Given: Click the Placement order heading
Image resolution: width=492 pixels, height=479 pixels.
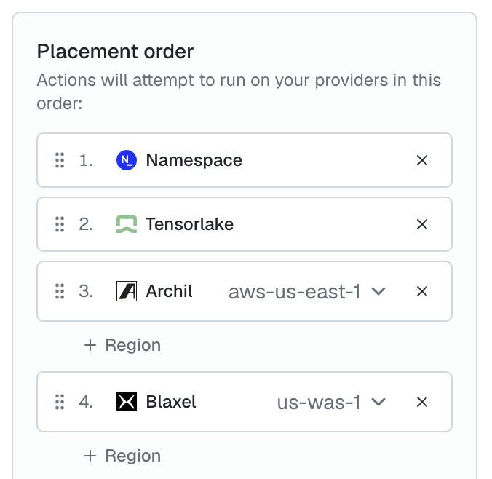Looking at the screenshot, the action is point(115,51).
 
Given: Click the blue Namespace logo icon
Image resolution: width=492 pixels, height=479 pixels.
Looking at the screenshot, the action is point(127,160).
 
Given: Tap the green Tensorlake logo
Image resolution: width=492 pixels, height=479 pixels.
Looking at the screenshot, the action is point(127,224).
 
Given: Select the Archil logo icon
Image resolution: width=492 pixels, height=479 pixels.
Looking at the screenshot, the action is point(127,291).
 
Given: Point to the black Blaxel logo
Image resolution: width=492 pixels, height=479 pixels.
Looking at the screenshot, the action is point(127,402).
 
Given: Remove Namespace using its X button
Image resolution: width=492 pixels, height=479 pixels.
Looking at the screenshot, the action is point(422,160).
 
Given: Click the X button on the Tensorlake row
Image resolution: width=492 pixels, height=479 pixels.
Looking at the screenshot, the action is point(422,224).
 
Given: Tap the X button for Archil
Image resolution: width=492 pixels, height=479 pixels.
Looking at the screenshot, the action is point(422,291).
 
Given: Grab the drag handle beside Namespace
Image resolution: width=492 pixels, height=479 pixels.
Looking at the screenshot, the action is point(60,160).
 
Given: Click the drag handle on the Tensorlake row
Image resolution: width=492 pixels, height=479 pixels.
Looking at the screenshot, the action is point(60,224).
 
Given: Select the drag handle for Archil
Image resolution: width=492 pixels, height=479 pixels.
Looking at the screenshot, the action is point(60,291).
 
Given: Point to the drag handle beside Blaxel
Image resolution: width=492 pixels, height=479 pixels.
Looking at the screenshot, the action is point(60,402).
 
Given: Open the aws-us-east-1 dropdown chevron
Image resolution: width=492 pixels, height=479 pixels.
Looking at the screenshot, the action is point(378,291).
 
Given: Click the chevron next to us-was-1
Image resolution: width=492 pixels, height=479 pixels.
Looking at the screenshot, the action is point(378,402).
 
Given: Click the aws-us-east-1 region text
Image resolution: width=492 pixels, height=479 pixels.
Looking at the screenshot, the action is point(294,292).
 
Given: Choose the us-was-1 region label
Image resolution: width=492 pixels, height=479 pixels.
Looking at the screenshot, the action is point(319,403).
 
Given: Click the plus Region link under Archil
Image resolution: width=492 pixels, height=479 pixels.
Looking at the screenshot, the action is point(122,345).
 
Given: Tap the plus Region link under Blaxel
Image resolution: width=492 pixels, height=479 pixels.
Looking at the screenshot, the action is point(122,456).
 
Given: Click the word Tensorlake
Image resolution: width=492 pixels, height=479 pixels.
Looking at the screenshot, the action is point(190,224).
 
